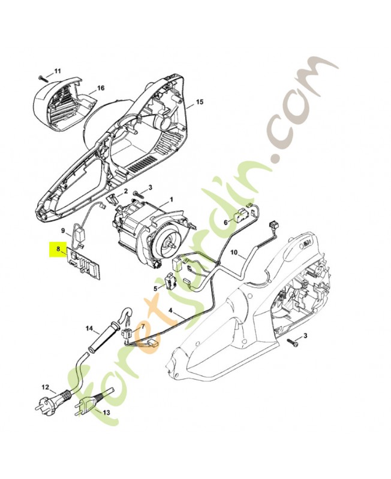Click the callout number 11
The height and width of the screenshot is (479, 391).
pyautogui.click(x=57, y=72)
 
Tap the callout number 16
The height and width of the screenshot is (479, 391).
pyautogui.click(x=101, y=88)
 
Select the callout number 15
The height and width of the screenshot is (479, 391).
pyautogui.click(x=200, y=102)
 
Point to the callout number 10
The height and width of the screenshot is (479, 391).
pyautogui.click(x=234, y=253)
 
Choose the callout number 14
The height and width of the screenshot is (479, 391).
pyautogui.click(x=90, y=328)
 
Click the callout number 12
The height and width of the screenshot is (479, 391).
pyautogui.click(x=45, y=387)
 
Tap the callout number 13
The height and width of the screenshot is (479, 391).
pyautogui.click(x=107, y=413)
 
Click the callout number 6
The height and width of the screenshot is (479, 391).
pyautogui.click(x=226, y=222)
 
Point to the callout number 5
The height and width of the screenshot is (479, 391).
pyautogui.click(x=155, y=288)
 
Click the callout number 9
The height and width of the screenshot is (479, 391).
pyautogui.click(x=62, y=230)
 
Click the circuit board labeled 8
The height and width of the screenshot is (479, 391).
pyautogui.click(x=84, y=264)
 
